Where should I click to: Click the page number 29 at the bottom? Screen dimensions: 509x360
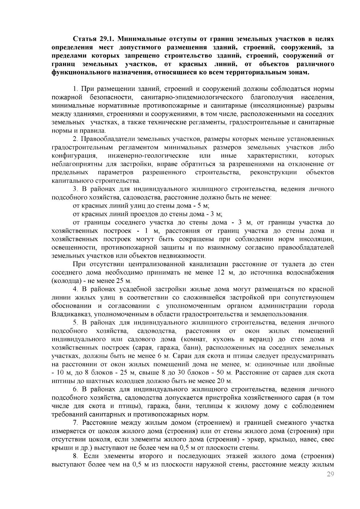pyautogui.click(x=330, y=474)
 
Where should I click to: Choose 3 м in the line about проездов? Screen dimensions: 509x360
pyautogui.click(x=217, y=214)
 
